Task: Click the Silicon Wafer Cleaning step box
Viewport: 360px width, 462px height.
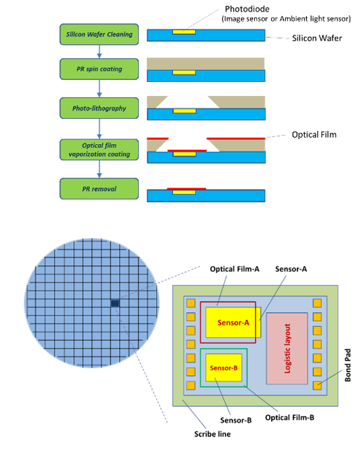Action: [99, 34]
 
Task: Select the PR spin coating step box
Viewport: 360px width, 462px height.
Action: [99, 69]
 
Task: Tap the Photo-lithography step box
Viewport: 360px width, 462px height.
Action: [99, 108]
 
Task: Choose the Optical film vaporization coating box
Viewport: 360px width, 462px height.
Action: [99, 150]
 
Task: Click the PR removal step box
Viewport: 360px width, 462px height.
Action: [99, 188]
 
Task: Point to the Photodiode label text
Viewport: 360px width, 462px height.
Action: [247, 9]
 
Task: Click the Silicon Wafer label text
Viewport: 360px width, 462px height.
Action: [317, 38]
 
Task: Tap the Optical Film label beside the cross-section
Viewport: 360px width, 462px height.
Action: [314, 134]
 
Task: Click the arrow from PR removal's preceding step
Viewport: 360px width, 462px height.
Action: [99, 169]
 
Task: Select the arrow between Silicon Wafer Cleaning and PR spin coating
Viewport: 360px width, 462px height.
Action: [99, 52]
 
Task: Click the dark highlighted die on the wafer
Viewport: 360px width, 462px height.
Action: [115, 303]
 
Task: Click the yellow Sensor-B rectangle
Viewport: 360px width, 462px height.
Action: [224, 367]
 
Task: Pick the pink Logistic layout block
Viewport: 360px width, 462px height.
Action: [287, 349]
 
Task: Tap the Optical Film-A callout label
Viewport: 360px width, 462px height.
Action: [235, 269]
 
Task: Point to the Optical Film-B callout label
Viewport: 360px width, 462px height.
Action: [289, 417]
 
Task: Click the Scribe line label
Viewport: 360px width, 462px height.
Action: [212, 434]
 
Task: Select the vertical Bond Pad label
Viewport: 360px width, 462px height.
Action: [348, 365]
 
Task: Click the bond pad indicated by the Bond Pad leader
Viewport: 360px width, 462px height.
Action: [317, 386]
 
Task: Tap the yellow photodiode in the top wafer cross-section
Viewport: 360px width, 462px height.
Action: [184, 31]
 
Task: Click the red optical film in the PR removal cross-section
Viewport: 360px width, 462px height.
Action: [186, 189]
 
